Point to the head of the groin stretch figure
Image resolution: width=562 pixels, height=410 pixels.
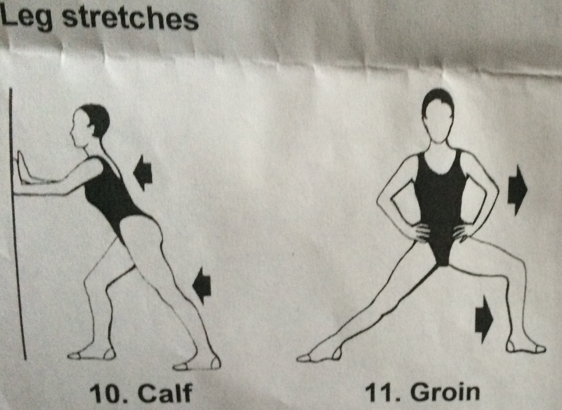pyautogui.click(x=438, y=116)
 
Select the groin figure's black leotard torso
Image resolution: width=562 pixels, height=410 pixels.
pyautogui.click(x=439, y=204)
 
